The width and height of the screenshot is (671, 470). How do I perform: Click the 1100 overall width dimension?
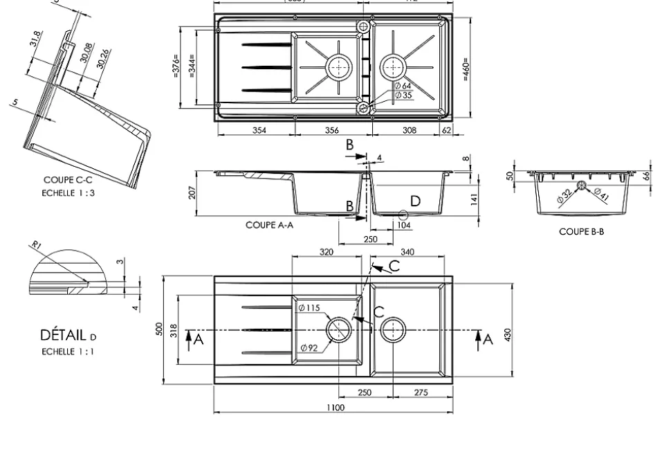coord(335,408)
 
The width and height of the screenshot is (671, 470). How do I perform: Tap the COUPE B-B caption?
coord(581,232)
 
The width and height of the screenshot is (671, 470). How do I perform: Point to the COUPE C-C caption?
coord(67,180)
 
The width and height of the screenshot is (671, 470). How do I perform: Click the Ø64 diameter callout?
coord(403,86)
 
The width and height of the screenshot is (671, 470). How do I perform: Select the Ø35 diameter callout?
coord(403,95)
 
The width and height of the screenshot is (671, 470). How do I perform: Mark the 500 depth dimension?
coord(160,329)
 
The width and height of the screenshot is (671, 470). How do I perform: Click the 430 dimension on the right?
coord(508,334)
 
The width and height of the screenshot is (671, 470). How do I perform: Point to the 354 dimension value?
coord(258,130)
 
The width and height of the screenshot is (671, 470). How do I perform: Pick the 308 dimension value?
coord(410,130)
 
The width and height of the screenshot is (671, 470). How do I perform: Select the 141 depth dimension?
coord(473,199)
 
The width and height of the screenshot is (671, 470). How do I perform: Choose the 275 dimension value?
coord(421,392)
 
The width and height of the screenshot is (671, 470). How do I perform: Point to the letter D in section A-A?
coord(415,201)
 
